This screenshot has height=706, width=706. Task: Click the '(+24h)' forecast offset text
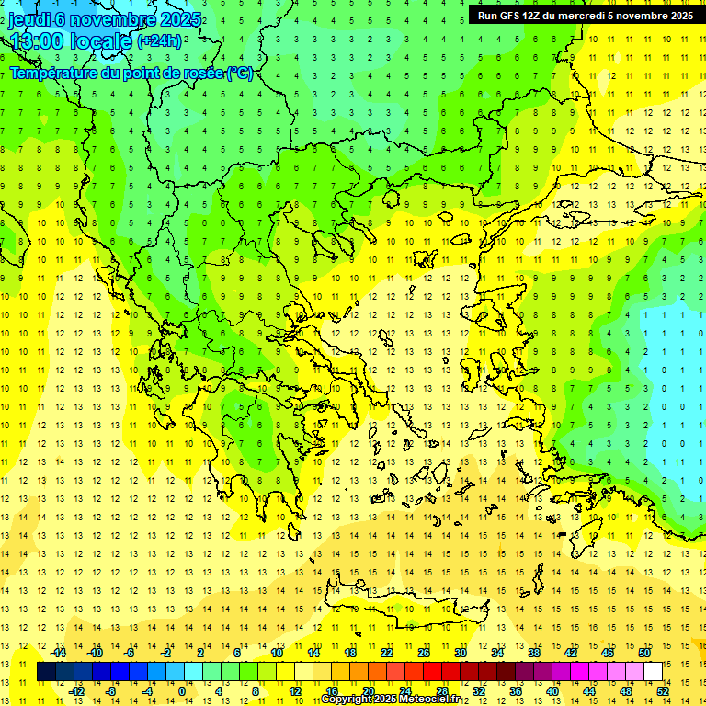159,41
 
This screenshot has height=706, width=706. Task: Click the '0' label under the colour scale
182,691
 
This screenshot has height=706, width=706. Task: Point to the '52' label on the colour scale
662,691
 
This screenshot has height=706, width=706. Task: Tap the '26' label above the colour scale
423,653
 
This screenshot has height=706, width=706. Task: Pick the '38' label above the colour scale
533,653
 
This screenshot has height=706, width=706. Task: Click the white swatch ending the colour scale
653,672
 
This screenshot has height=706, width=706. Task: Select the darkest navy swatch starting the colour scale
46,672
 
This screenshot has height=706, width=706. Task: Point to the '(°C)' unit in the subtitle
239,74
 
